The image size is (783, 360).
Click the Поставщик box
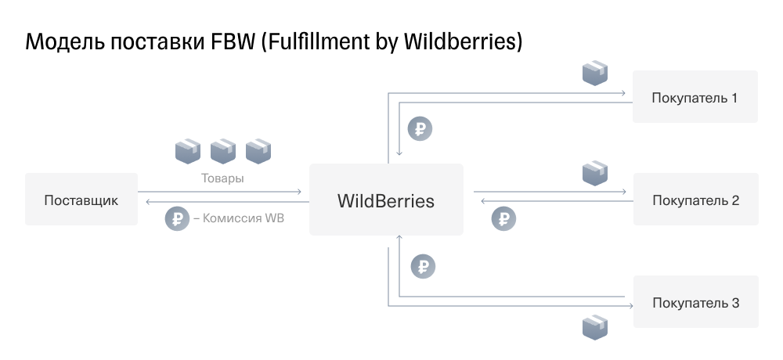click(x=81, y=200)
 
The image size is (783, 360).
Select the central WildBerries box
click(x=386, y=200)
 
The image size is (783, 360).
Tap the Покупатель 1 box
click(x=695, y=97)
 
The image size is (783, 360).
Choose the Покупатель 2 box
click(x=695, y=200)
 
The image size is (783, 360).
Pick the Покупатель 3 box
click(x=695, y=301)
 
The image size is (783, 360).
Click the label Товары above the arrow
click(x=222, y=178)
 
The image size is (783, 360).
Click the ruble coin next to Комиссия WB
click(x=177, y=218)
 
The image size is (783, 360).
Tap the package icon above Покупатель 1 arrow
click(x=595, y=73)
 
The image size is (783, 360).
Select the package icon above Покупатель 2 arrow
click(x=595, y=173)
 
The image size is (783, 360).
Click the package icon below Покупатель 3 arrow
click(x=595, y=328)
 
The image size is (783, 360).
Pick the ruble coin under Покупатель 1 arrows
click(x=420, y=129)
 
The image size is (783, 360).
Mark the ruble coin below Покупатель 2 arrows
click(x=503, y=218)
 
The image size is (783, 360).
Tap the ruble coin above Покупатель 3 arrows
click(x=423, y=267)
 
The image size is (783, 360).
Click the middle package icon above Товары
click(x=222, y=151)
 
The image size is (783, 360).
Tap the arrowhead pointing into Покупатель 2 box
click(x=623, y=192)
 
